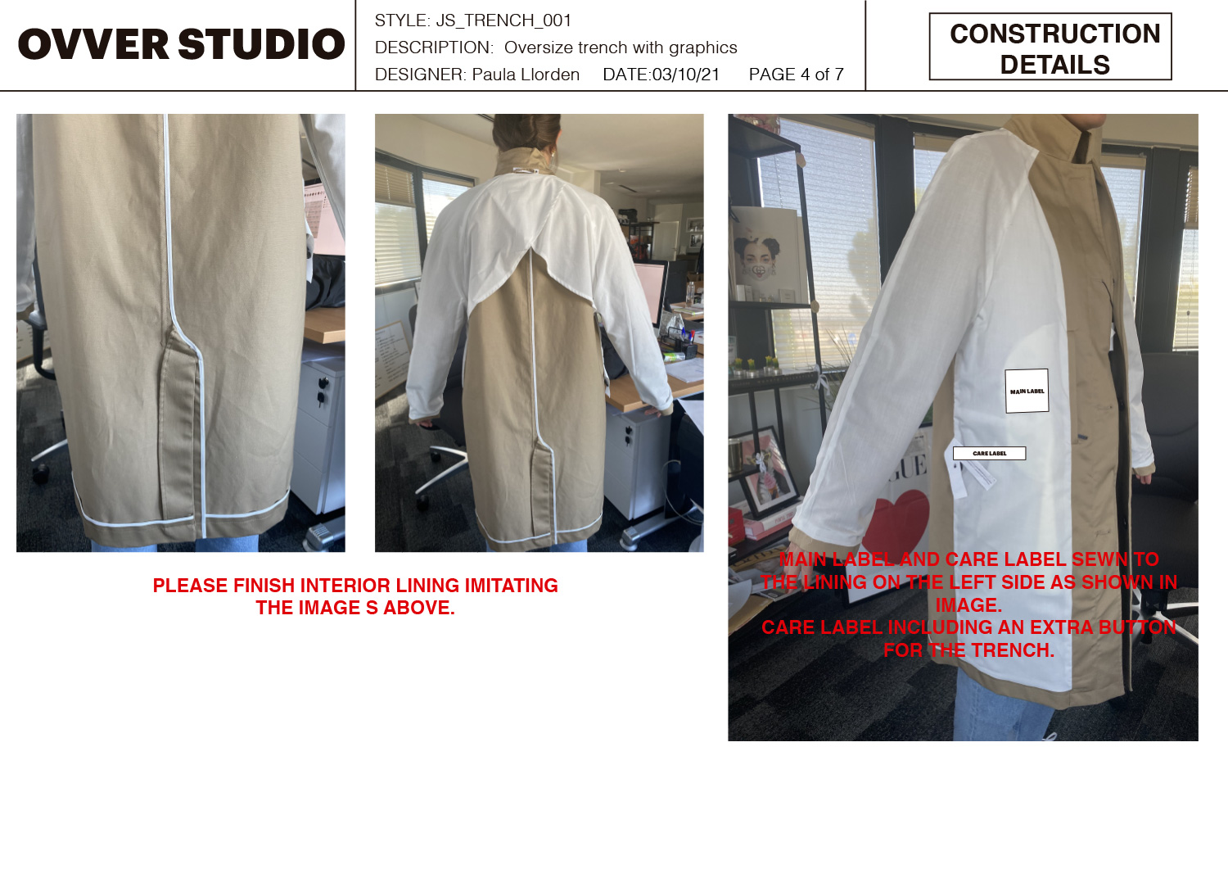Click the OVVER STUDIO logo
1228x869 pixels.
coord(182,44)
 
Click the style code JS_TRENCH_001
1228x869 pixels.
coord(503,20)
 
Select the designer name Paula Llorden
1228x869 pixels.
coord(526,74)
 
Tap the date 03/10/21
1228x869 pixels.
coord(685,74)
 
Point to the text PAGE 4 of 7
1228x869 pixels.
coord(796,74)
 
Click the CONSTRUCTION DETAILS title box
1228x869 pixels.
coord(1050,47)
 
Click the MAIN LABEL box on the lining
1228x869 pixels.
coord(1027,391)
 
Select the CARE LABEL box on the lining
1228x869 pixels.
coord(990,453)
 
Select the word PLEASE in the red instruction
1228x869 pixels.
coord(190,586)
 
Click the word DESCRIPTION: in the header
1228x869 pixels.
coord(434,48)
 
